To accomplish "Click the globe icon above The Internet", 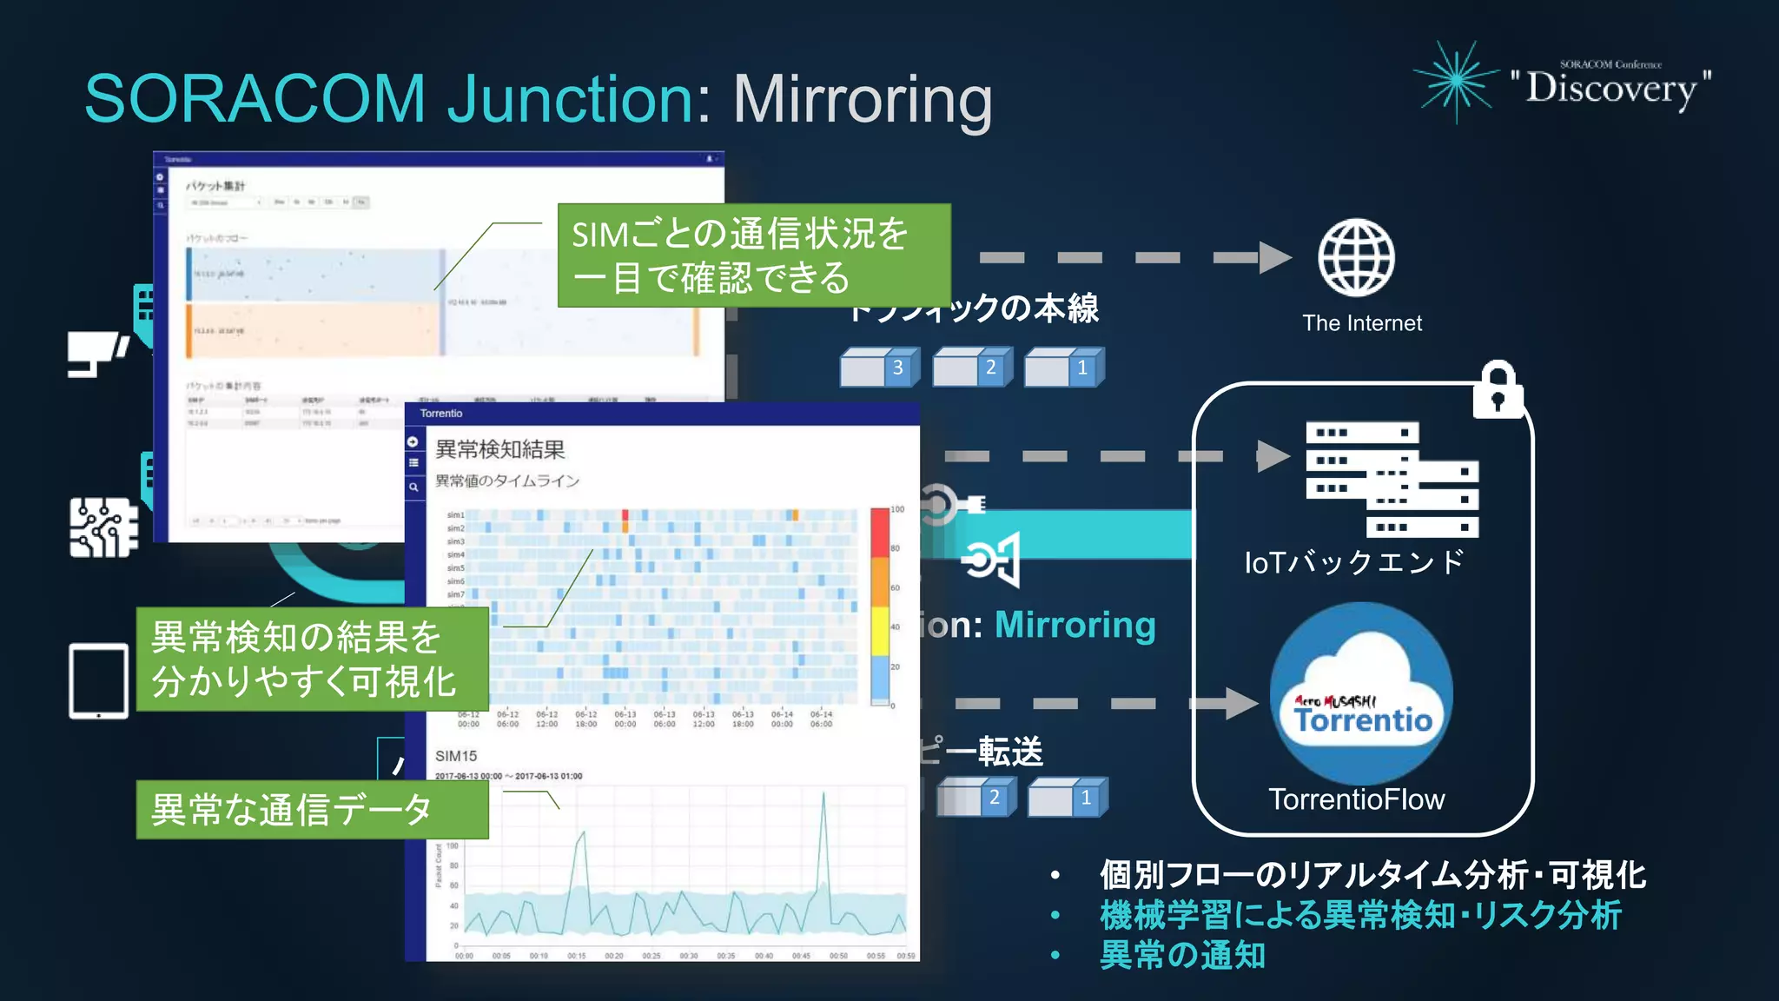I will coord(1356,258).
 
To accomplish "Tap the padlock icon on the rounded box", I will coord(1498,390).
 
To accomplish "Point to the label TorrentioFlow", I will coord(1356,799).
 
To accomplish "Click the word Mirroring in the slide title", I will coord(863,99).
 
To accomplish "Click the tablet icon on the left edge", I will coord(98,681).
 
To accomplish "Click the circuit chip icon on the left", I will coord(103,527).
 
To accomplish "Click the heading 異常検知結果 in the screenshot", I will coord(500,449).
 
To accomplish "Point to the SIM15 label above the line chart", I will coord(456,756).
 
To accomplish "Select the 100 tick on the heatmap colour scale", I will coord(898,509).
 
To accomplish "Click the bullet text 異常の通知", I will coord(1182,955).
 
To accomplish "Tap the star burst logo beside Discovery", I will coord(1457,82).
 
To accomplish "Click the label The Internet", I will coord(1362,323).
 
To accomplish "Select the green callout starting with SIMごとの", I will coord(753,255).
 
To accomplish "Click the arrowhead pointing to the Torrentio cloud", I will coord(1241,703).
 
